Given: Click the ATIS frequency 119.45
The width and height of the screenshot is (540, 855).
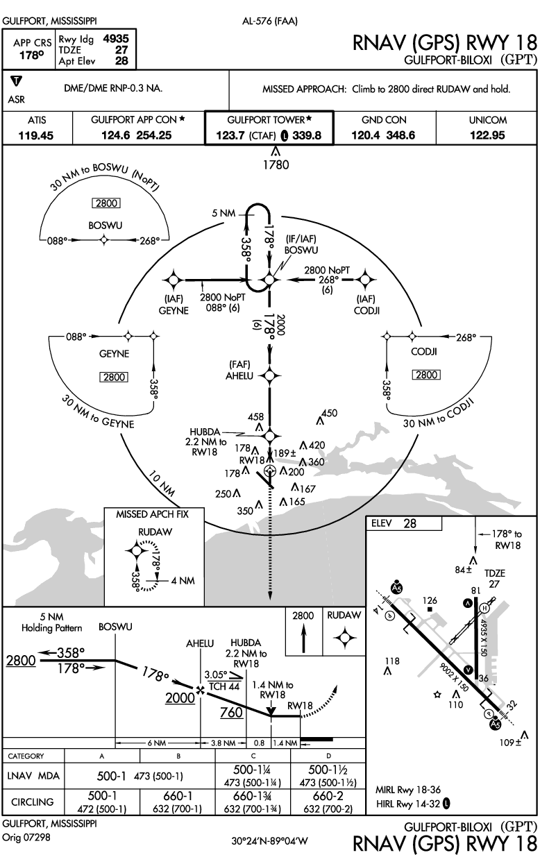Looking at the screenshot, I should [37, 135].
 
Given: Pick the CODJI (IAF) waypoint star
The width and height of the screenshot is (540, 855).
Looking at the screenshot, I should [365, 280].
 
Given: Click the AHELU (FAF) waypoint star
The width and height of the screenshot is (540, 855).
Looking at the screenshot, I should [270, 375].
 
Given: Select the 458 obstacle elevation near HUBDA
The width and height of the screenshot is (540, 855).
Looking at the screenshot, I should [256, 416].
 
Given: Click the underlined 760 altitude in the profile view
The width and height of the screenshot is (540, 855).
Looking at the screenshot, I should [232, 712].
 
